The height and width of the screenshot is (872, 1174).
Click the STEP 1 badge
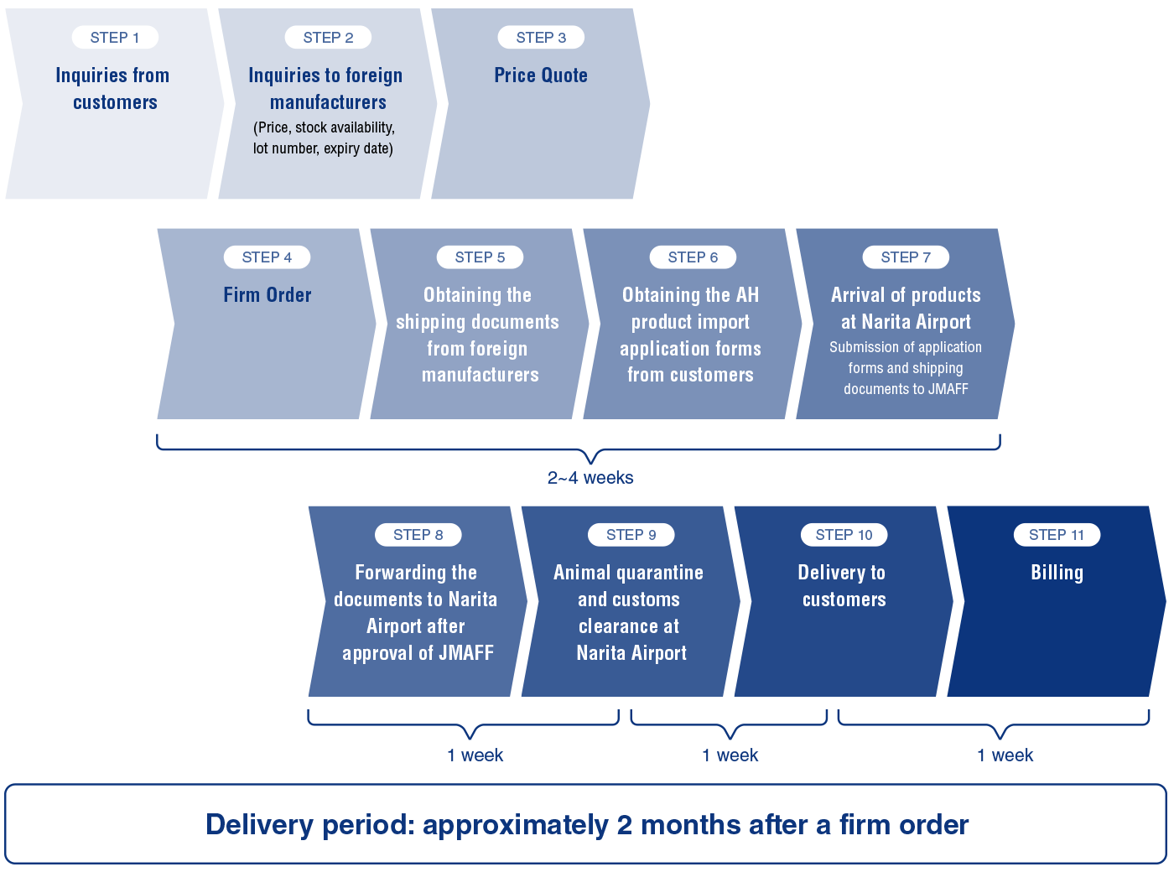(x=115, y=38)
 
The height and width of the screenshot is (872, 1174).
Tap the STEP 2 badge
(x=328, y=38)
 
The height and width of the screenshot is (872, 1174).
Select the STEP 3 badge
(x=541, y=38)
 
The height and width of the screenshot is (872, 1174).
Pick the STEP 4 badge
(x=267, y=257)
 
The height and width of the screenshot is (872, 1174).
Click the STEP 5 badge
(x=480, y=257)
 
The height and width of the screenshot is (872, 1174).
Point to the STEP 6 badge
(x=693, y=257)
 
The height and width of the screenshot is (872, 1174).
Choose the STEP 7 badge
(x=906, y=257)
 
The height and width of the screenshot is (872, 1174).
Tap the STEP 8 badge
(x=418, y=535)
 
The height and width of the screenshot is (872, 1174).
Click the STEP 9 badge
(x=631, y=535)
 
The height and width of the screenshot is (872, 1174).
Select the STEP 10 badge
(x=844, y=535)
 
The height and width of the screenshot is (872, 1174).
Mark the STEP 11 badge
(x=1057, y=535)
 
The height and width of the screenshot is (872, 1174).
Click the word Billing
(x=1057, y=573)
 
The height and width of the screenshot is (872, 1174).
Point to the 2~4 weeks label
(x=590, y=478)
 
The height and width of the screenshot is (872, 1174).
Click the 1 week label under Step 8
(x=475, y=755)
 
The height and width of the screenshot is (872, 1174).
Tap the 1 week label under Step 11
(x=1005, y=755)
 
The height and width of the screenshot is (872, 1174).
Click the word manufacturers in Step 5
(x=481, y=375)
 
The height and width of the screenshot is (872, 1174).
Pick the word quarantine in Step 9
(x=659, y=573)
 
